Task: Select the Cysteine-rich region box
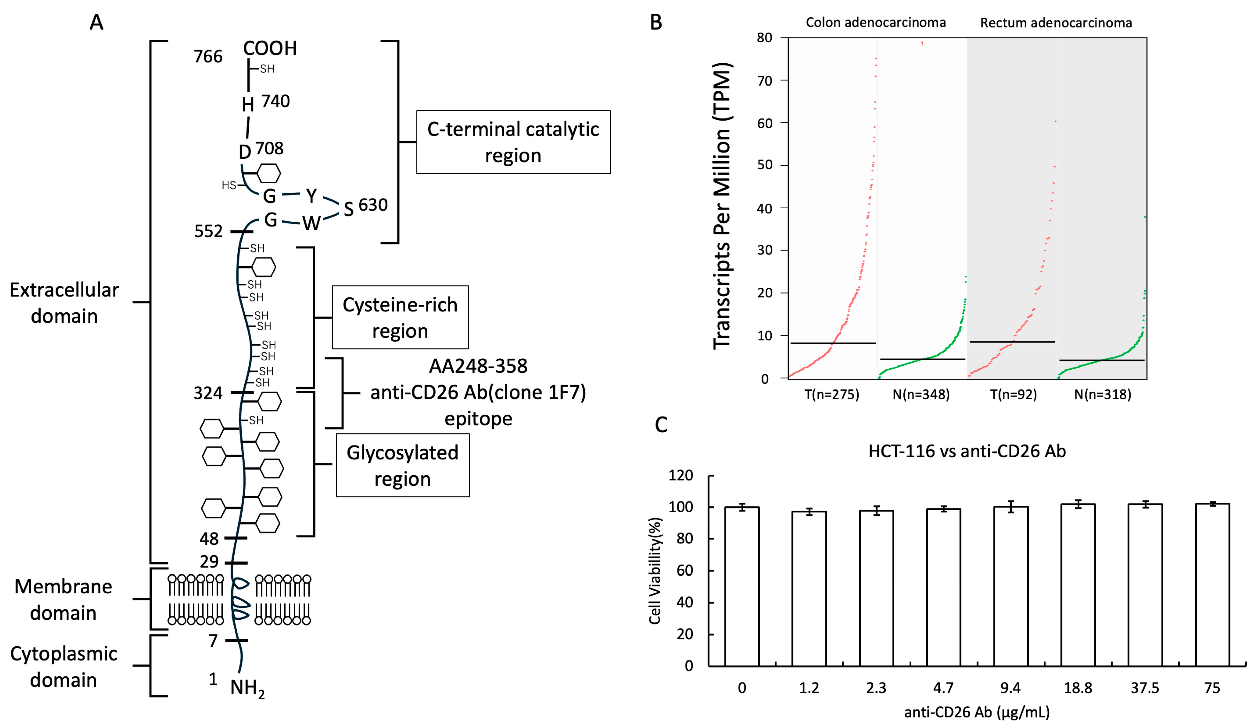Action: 400,317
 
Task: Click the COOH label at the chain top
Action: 270,48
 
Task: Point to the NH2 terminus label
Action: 247,688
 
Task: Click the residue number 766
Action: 208,57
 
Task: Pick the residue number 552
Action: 208,231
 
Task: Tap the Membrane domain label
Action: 63,600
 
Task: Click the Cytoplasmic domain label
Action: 63,667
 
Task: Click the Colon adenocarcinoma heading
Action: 876,22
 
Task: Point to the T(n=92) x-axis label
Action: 1013,395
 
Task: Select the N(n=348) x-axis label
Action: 921,395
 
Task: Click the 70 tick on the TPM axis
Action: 765,81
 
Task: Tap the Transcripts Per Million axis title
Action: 722,206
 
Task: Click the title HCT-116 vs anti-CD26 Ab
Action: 967,451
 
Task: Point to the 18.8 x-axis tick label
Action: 1078,688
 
